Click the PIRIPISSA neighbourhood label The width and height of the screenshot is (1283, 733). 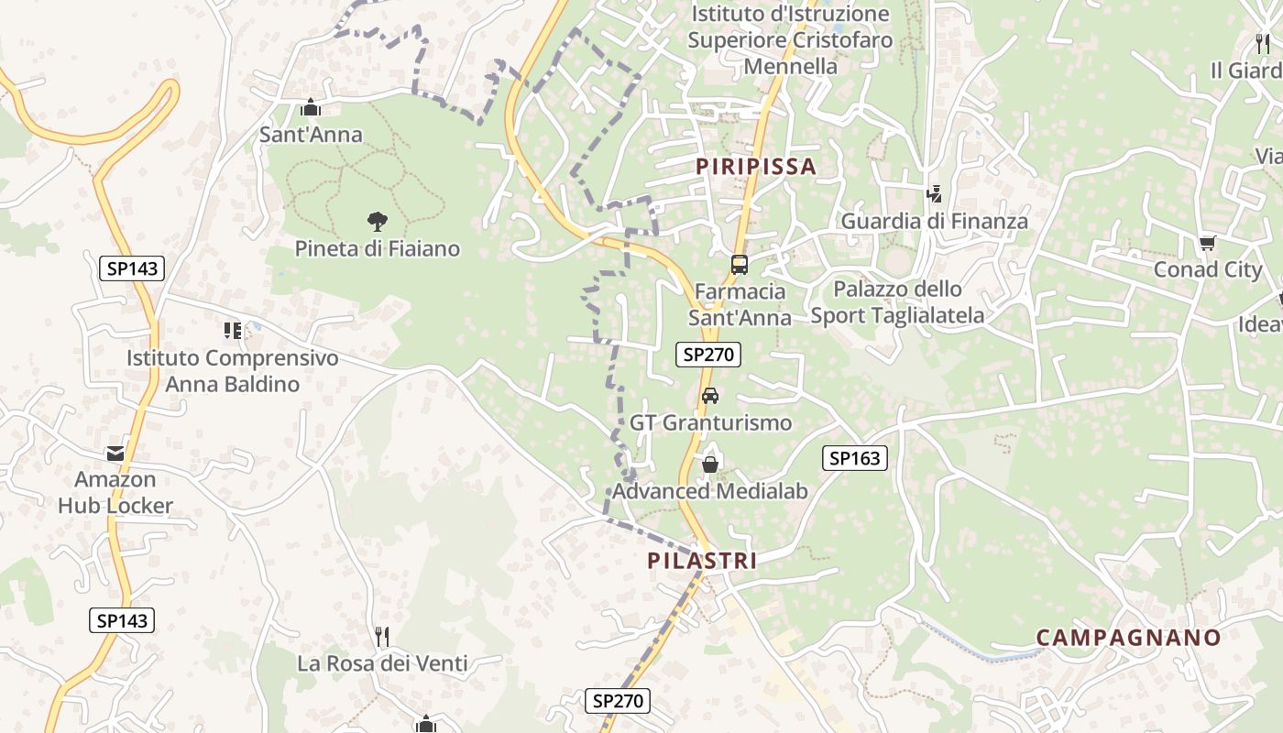point(755,166)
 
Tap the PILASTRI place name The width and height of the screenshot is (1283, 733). point(703,561)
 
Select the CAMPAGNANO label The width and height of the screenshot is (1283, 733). point(1129,638)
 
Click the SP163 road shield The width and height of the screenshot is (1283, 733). point(855,458)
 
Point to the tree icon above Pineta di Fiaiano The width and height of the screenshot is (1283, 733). point(377,221)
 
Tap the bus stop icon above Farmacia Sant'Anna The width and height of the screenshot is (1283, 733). point(739,265)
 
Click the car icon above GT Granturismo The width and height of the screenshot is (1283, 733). point(709,396)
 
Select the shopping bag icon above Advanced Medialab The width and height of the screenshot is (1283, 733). point(709,465)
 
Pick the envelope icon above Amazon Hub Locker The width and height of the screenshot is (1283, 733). point(115,453)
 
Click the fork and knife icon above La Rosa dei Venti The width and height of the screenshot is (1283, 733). point(382,636)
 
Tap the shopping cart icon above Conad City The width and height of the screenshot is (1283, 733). point(1208,243)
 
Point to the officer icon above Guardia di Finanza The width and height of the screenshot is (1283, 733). point(935,193)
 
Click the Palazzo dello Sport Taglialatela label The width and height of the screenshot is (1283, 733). point(898,302)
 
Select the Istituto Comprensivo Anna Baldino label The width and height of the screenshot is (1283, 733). point(233,371)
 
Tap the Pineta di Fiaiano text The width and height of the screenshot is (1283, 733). point(377,248)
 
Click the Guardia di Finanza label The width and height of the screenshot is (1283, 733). point(935,221)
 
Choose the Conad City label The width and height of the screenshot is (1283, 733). point(1208,270)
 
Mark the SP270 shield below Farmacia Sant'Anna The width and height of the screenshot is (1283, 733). point(708,355)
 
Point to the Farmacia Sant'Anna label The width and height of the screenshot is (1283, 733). point(740,304)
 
